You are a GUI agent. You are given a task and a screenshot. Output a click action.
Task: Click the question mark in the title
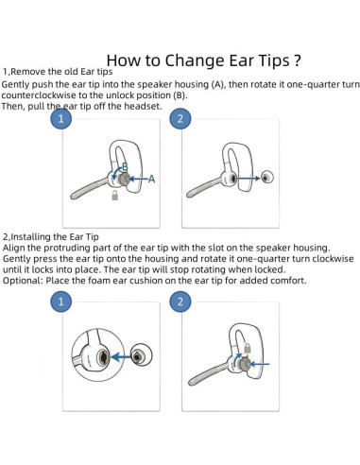point(297,60)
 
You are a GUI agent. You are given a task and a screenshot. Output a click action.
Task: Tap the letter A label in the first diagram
point(151,179)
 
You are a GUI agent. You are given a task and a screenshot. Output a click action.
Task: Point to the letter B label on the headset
point(125,166)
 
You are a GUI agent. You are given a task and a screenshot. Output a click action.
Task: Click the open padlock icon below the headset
point(115,195)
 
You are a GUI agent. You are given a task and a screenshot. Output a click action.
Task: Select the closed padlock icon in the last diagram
point(249,348)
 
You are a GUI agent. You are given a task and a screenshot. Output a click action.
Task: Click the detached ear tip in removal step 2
point(266,177)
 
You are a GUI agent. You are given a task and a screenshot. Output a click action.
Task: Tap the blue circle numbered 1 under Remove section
point(61,119)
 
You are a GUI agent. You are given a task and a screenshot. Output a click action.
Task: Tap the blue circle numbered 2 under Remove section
point(180,119)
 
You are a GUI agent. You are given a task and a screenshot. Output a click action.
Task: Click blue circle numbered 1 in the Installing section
point(61,301)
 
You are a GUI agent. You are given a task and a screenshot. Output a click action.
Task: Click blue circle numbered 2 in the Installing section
point(180,301)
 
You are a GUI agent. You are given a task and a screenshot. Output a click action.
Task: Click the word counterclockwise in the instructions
point(39,95)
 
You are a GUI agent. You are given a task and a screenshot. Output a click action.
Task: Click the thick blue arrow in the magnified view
point(121,357)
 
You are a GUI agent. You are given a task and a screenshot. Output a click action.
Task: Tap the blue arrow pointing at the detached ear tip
point(249,179)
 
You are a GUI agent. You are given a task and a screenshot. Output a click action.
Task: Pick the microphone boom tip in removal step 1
point(73,196)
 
